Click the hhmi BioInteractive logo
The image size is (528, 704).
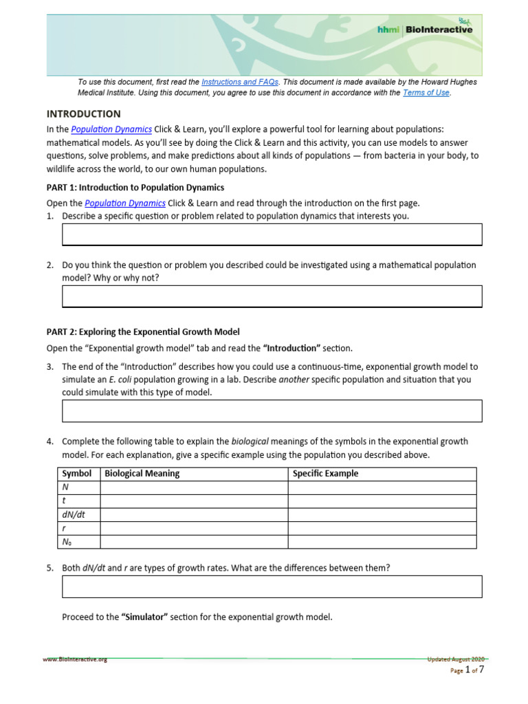(424, 30)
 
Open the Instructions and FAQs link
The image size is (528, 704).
(240, 82)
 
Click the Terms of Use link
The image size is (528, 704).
(426, 93)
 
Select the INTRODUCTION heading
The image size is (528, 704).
(83, 114)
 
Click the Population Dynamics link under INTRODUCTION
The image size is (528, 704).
(111, 129)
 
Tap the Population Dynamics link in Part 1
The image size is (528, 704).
(124, 203)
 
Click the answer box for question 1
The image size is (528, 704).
(272, 234)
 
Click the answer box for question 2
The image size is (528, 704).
(272, 296)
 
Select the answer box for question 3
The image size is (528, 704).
(272, 410)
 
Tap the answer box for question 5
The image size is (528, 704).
(272, 586)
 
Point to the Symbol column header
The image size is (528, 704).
(76, 474)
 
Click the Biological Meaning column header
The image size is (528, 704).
(142, 474)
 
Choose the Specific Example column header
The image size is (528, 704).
(325, 474)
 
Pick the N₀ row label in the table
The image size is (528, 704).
(67, 542)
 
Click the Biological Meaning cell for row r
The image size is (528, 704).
(194, 528)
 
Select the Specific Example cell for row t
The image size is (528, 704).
(382, 501)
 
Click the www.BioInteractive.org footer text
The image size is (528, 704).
(75, 659)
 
